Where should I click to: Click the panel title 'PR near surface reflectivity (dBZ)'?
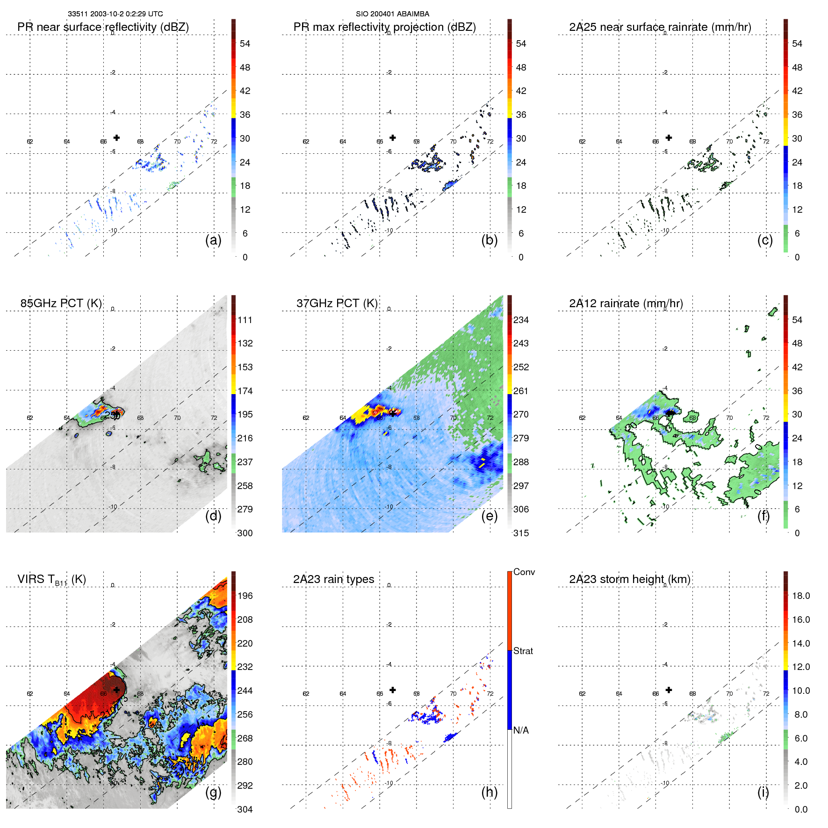tap(103, 27)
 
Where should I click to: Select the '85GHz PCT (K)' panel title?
tap(61, 303)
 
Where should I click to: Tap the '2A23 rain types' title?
tap(333, 579)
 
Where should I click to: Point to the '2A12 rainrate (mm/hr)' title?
tap(626, 303)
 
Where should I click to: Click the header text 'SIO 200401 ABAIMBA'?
tap(392, 14)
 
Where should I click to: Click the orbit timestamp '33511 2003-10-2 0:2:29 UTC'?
tap(115, 14)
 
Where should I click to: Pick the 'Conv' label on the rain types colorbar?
tap(524, 572)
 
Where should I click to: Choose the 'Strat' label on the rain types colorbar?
tap(523, 651)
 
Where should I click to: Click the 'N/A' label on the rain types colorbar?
tap(521, 730)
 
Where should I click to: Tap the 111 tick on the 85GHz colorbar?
tap(245, 320)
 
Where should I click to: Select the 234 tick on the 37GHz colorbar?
tap(521, 320)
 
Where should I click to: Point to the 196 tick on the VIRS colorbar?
tap(245, 596)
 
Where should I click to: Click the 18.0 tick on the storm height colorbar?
tap(800, 596)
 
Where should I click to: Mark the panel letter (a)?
tap(213, 240)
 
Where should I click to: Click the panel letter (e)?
tap(489, 516)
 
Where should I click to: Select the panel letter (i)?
tap(763, 792)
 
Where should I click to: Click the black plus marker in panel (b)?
tap(393, 137)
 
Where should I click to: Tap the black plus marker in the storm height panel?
tap(669, 690)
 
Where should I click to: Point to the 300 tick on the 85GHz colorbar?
tap(245, 533)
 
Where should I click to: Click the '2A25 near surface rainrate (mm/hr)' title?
tap(660, 27)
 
